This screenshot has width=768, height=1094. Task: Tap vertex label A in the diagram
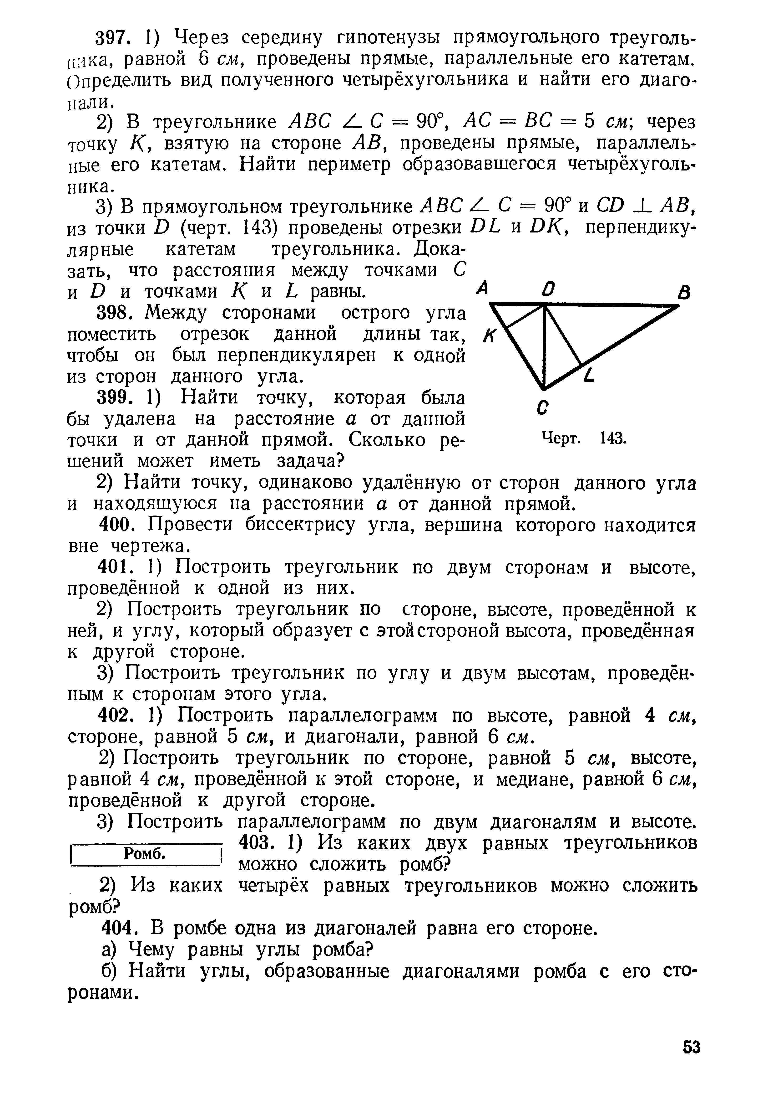coord(482,288)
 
